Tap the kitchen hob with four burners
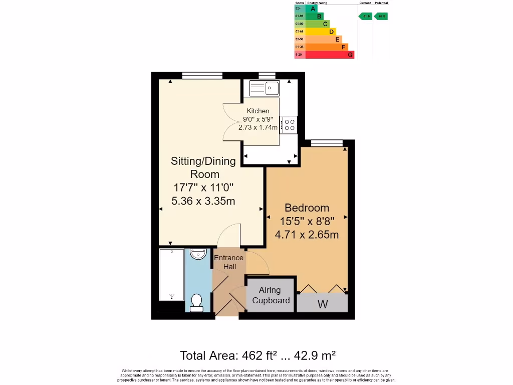[289, 125]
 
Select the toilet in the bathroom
[196, 302]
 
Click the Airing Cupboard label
[271, 295]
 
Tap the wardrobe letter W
[322, 304]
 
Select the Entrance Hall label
[229, 262]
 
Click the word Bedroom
[307, 208]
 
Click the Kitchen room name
[258, 111]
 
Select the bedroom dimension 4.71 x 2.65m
[307, 234]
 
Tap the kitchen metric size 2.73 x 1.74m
[258, 127]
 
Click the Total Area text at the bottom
[258, 356]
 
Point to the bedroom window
[327, 143]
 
